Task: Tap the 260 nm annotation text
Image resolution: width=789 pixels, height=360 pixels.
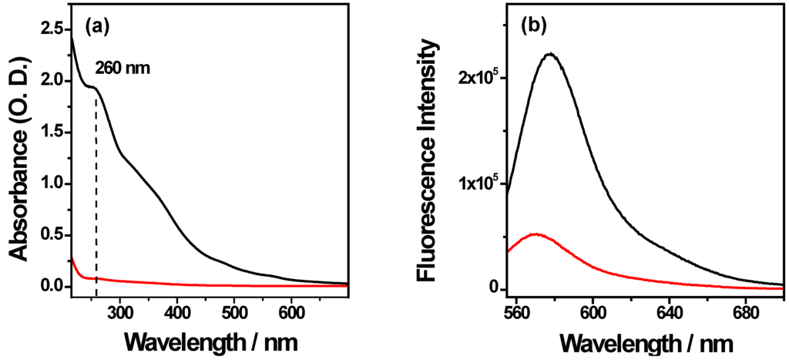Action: point(123,68)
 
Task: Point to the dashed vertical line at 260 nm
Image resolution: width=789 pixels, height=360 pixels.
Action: point(96,193)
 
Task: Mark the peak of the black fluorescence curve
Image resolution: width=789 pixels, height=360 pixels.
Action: point(550,54)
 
